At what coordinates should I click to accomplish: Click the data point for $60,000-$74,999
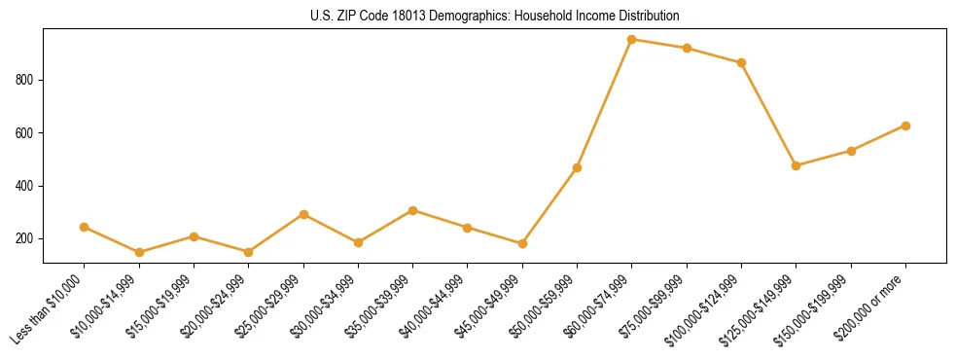pyautogui.click(x=632, y=40)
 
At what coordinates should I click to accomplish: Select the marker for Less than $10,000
pyautogui.click(x=85, y=227)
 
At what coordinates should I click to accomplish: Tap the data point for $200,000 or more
pyautogui.click(x=905, y=126)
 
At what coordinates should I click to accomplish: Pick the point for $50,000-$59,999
pyautogui.click(x=577, y=168)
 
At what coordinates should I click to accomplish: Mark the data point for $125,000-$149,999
pyautogui.click(x=797, y=165)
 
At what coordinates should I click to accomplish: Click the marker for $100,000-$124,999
pyautogui.click(x=741, y=62)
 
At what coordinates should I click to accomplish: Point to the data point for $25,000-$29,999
pyautogui.click(x=303, y=214)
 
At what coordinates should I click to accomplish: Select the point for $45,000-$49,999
pyautogui.click(x=522, y=243)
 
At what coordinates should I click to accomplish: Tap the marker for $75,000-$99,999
pyautogui.click(x=687, y=48)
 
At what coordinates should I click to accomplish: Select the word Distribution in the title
pyautogui.click(x=642, y=17)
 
